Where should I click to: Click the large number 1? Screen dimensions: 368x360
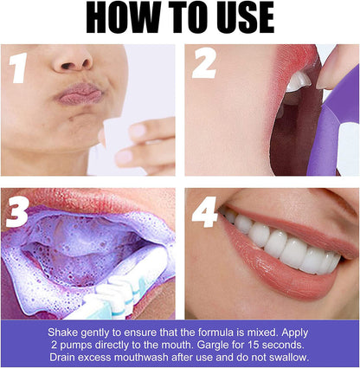point(16,67)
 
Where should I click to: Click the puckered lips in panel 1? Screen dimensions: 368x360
point(80,93)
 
